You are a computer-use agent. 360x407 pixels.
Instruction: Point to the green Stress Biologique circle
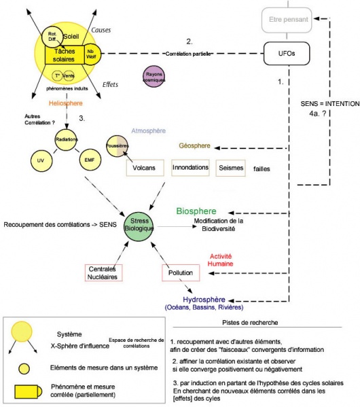click(139, 224)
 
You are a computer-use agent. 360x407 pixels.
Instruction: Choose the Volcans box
click(145, 168)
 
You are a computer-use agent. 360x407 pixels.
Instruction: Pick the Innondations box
click(190, 168)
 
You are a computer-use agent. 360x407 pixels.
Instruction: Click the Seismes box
click(232, 168)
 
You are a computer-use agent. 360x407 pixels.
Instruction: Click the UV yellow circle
click(40, 161)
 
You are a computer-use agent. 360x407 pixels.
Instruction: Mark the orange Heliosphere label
click(66, 103)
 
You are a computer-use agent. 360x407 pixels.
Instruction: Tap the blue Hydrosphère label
click(206, 300)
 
